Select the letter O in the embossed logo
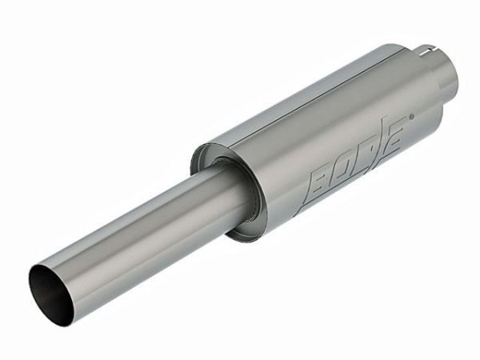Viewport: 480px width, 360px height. point(349,170)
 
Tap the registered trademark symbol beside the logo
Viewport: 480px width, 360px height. point(411,117)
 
